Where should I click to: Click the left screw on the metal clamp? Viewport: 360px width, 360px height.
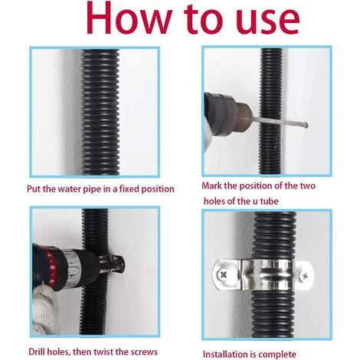click(x=221, y=275)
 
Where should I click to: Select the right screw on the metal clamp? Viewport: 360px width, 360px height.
click(x=304, y=276)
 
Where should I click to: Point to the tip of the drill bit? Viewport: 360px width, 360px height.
click(x=306, y=125)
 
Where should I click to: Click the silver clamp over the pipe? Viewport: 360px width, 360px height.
click(x=263, y=275)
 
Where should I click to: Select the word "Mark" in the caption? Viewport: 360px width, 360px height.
click(x=211, y=185)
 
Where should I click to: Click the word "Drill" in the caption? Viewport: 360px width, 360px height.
click(x=36, y=352)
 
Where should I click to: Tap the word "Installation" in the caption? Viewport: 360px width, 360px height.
click(x=225, y=354)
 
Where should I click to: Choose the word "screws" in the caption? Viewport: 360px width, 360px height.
click(x=144, y=352)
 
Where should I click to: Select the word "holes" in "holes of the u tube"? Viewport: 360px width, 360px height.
click(x=214, y=201)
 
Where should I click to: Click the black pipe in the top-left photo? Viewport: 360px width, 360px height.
click(x=100, y=112)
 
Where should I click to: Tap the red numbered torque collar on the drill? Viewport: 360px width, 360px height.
click(x=52, y=268)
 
